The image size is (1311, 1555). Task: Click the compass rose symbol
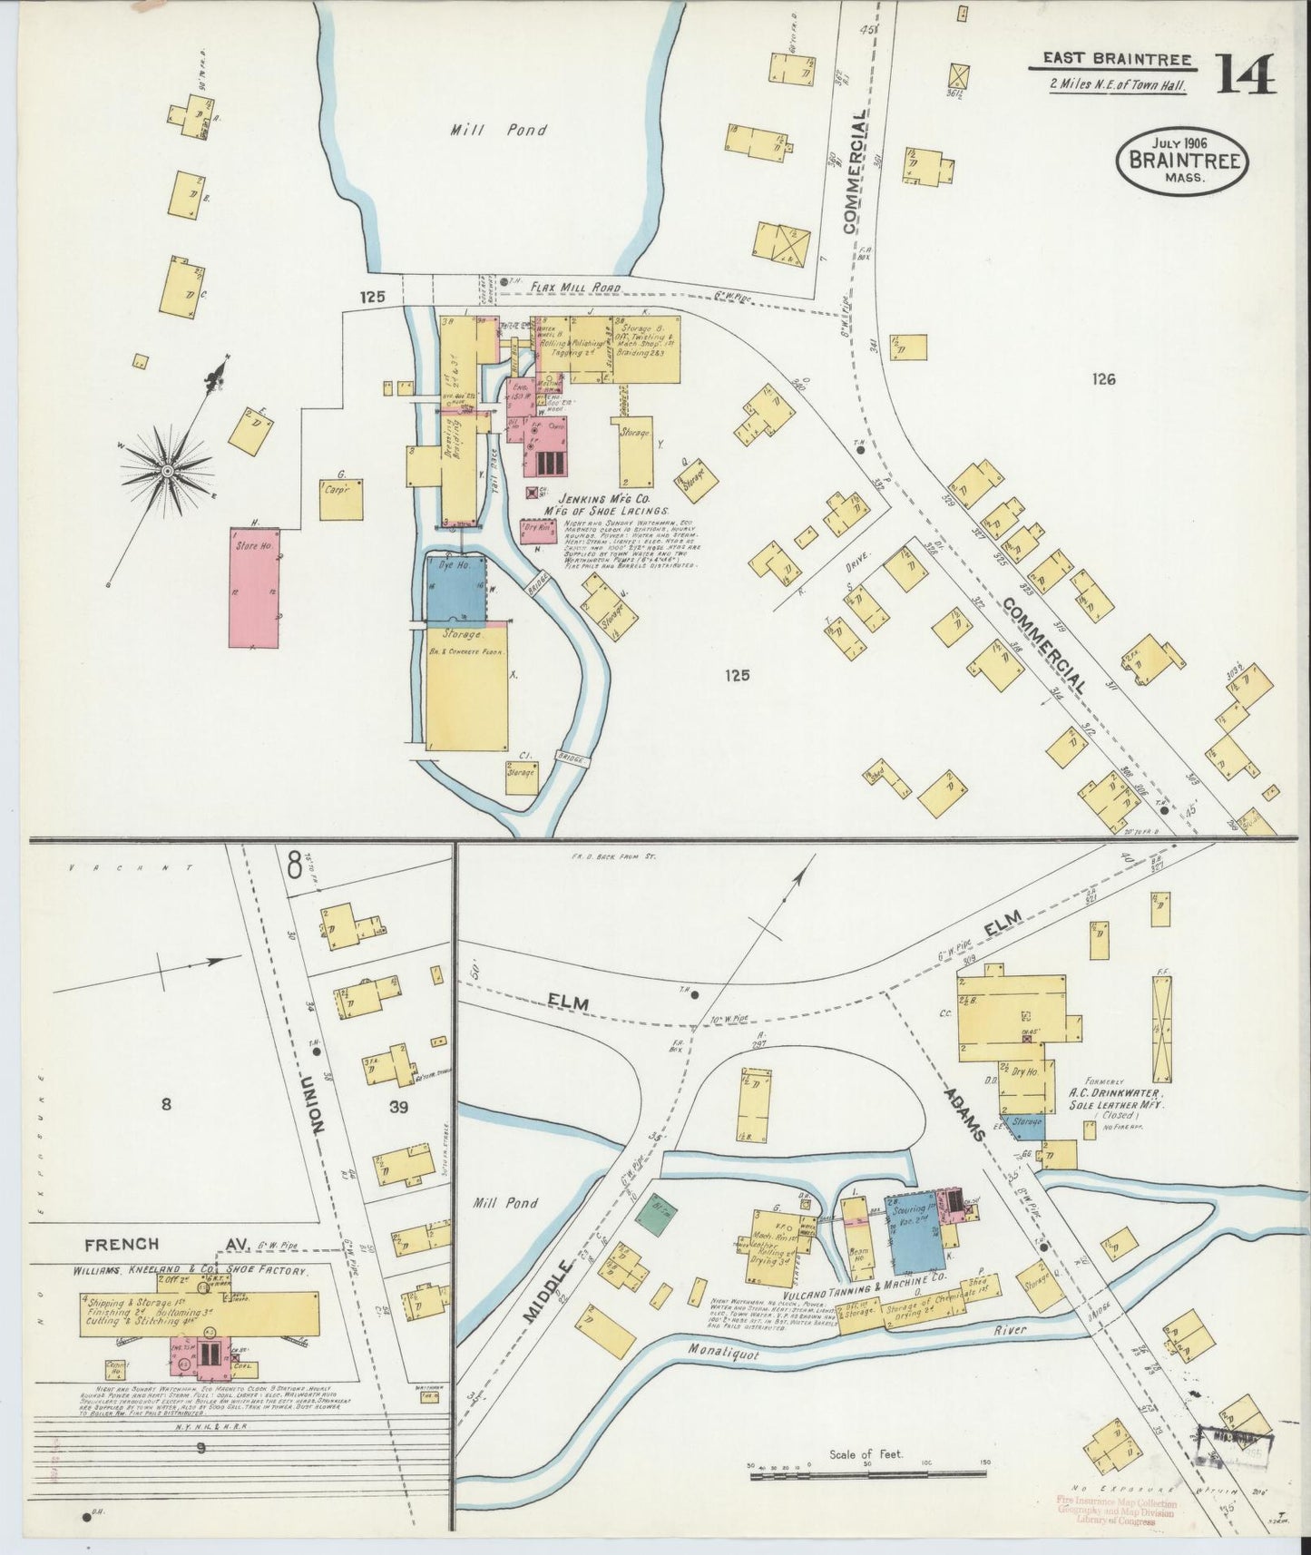(x=168, y=471)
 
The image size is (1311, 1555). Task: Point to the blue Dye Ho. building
(x=456, y=588)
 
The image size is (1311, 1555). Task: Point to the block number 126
(x=1103, y=379)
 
